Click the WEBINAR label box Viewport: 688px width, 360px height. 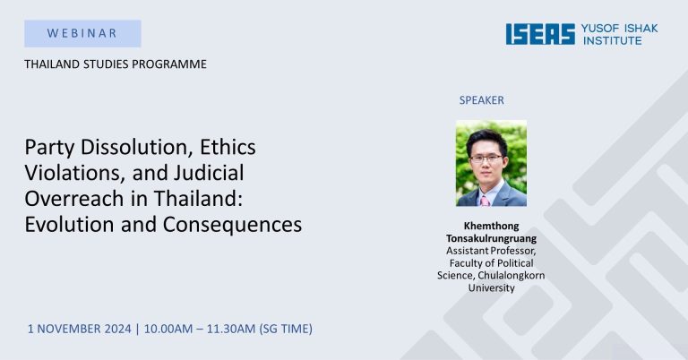pos(82,33)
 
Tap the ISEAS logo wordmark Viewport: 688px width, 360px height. pos(540,34)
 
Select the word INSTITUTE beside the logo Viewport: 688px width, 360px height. pos(613,41)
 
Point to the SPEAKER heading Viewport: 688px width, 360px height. pos(481,100)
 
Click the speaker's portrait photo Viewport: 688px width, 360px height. pos(491,163)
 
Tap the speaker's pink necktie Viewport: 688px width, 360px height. pos(485,201)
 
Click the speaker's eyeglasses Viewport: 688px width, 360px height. pos(486,159)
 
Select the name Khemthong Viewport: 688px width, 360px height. pos(491,226)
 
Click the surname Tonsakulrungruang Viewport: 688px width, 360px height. pos(491,238)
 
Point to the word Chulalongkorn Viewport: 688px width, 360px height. pos(512,275)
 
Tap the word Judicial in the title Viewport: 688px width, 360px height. pos(209,172)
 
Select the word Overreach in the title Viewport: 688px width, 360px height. pos(74,198)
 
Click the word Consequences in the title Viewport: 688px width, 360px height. pos(232,225)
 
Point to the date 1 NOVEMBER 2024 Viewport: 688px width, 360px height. pos(80,329)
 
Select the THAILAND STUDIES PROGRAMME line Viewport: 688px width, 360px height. pos(116,64)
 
